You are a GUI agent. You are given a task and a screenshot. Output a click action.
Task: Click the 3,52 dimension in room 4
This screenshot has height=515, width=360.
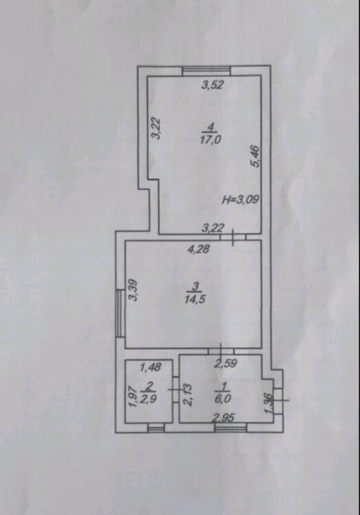(x=213, y=85)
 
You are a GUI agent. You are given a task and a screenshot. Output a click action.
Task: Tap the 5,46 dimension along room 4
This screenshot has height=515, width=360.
(x=256, y=157)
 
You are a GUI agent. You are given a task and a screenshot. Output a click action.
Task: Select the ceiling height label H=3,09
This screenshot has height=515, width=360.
(x=241, y=199)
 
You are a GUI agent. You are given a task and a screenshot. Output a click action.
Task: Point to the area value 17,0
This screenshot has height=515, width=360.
(x=210, y=139)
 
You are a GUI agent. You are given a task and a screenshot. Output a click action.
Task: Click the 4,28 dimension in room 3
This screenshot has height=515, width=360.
(x=198, y=249)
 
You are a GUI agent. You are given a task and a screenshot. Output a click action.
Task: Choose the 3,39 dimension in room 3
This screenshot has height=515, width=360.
(x=133, y=290)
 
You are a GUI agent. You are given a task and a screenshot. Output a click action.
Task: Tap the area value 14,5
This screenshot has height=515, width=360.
(x=195, y=299)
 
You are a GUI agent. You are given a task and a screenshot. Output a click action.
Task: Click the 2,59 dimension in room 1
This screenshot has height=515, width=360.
(x=225, y=363)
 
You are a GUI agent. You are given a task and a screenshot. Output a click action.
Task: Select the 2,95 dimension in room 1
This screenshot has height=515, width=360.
(x=223, y=417)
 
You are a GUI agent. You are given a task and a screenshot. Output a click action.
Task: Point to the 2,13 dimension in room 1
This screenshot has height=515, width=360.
(x=188, y=396)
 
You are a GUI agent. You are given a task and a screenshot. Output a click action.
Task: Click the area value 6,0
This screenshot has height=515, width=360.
(x=223, y=398)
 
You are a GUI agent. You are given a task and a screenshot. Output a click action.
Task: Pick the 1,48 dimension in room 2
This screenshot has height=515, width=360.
(x=150, y=367)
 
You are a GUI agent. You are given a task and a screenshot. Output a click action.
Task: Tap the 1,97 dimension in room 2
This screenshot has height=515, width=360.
(x=132, y=396)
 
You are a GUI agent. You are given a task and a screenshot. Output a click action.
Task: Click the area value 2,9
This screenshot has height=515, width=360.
(x=149, y=398)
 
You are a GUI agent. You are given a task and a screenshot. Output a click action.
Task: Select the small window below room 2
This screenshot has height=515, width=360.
(x=156, y=428)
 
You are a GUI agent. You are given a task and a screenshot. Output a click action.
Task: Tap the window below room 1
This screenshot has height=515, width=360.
(x=230, y=428)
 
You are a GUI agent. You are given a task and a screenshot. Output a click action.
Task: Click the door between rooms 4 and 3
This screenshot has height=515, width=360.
(x=233, y=237)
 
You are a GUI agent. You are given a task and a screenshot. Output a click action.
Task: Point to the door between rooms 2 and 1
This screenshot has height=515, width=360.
(x=176, y=389)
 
